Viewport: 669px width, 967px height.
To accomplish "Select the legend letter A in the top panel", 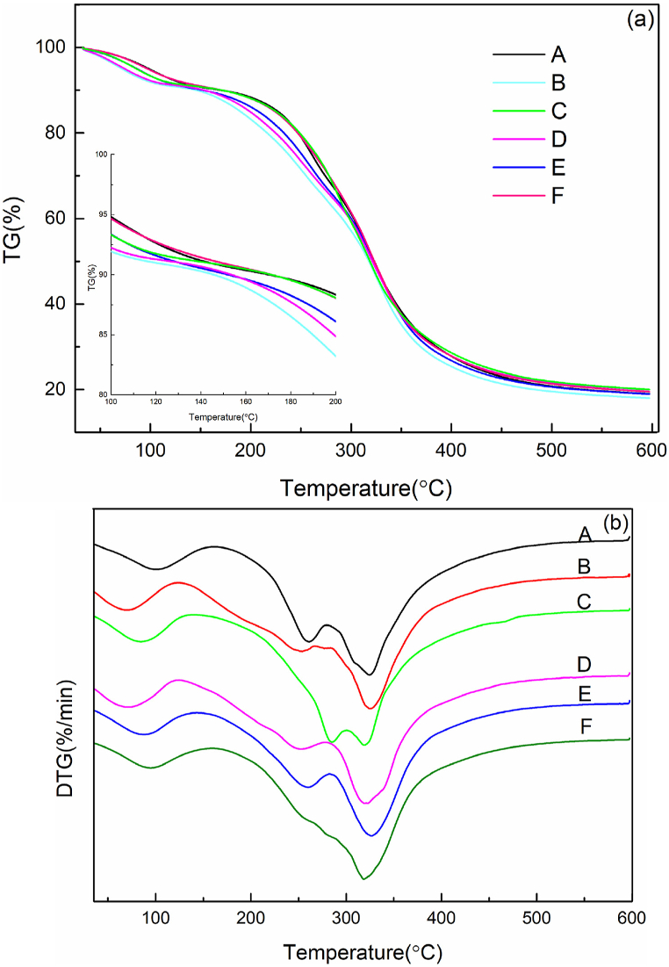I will pos(558,57).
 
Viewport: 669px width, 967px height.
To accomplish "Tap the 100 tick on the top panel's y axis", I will pos(55,47).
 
